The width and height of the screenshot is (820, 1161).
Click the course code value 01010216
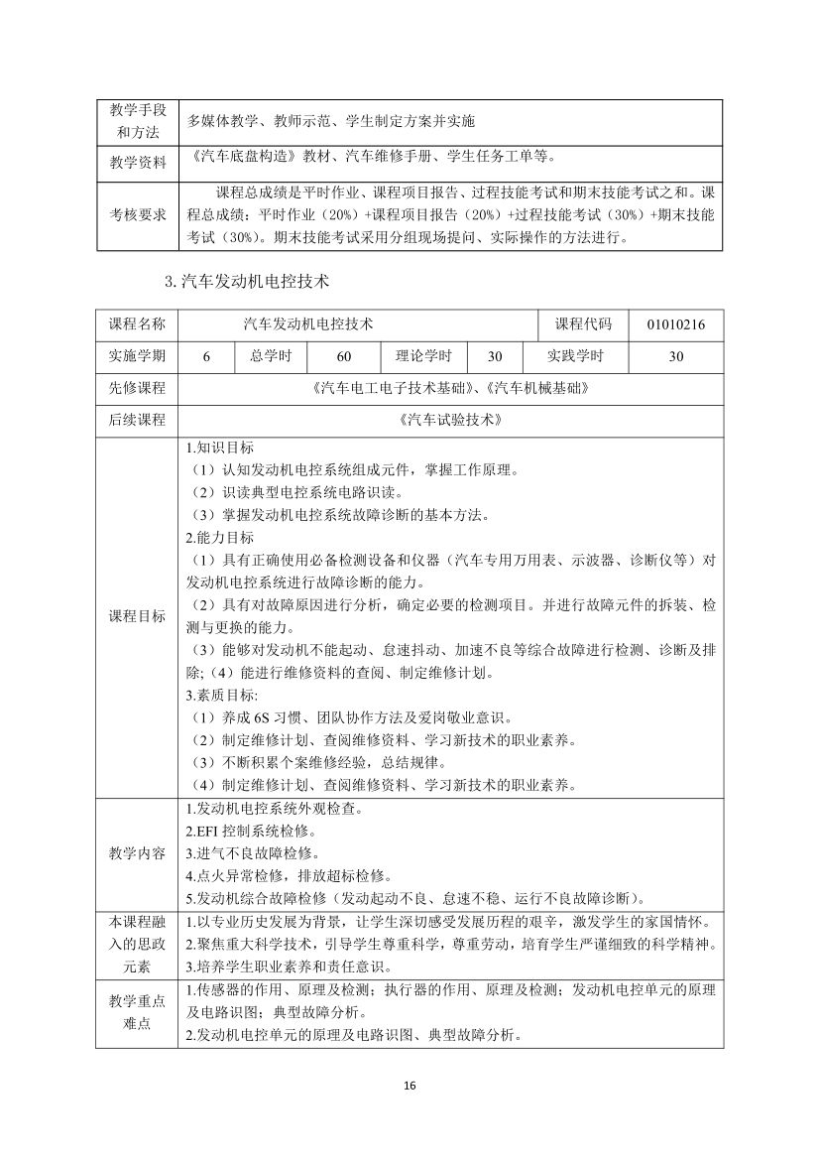[676, 324]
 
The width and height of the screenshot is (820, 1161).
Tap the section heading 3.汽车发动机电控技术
[246, 281]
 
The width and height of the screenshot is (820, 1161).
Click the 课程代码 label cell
[583, 324]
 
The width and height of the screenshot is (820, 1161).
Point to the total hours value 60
[344, 356]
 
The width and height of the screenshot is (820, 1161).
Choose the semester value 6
[206, 356]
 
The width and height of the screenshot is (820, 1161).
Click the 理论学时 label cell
[423, 356]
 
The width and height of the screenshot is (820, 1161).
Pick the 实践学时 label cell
[575, 356]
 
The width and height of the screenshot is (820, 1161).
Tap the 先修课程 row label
[137, 388]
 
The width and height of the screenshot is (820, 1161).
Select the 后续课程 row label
[137, 420]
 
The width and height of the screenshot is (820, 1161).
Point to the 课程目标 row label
[137, 616]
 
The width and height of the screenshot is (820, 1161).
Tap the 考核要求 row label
[137, 214]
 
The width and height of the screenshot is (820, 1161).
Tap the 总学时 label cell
[271, 356]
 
